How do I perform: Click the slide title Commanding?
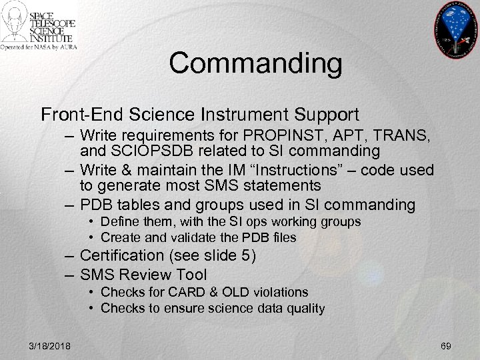(255, 64)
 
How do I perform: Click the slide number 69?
(446, 345)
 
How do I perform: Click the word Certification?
(122, 255)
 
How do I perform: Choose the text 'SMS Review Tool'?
(143, 274)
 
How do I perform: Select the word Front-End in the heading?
(77, 115)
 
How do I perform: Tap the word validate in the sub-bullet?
(183, 238)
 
